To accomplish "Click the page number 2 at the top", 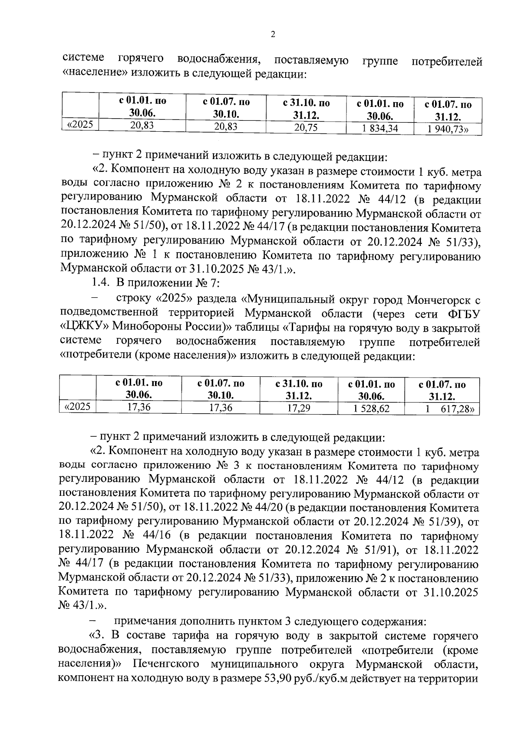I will point(273,34).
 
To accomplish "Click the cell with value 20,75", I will point(306,127).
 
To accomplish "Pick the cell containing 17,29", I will point(299,408).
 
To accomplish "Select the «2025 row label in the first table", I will point(80,125).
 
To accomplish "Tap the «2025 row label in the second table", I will point(78,407).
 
